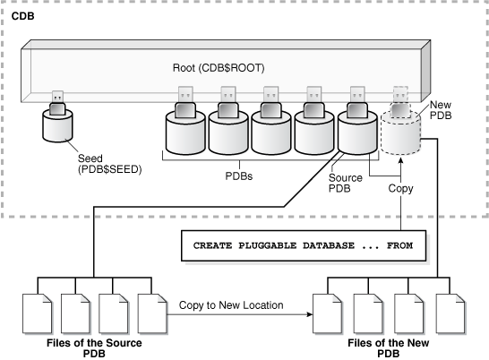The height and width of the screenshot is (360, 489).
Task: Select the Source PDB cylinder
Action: click(x=356, y=134)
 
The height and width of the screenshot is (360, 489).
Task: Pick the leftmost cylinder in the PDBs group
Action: click(x=184, y=134)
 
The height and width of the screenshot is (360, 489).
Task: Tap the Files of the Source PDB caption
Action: click(x=93, y=347)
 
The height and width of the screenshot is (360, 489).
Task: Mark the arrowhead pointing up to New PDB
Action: click(x=401, y=168)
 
